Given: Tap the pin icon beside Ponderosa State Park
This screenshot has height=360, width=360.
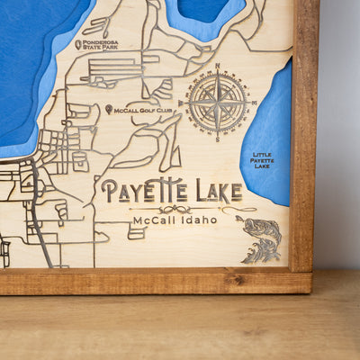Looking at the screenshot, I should coord(79,44).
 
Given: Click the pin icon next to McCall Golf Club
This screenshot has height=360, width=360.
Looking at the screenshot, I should coord(109,109).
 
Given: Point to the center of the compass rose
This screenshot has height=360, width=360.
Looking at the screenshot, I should coord(218,103).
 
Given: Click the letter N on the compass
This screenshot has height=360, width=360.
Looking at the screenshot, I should coord(218,66).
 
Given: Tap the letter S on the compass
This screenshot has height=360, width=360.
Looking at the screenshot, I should coord(218,140).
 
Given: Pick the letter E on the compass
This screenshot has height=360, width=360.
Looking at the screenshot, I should coord(255,103).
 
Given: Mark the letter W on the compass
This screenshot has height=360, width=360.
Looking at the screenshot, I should coord(181,103).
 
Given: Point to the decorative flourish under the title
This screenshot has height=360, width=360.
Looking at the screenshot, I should coord(172,208).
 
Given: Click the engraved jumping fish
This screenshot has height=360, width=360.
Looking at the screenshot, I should coord(261,238).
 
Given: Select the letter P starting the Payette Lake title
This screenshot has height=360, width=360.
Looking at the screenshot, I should coord(108,192).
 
